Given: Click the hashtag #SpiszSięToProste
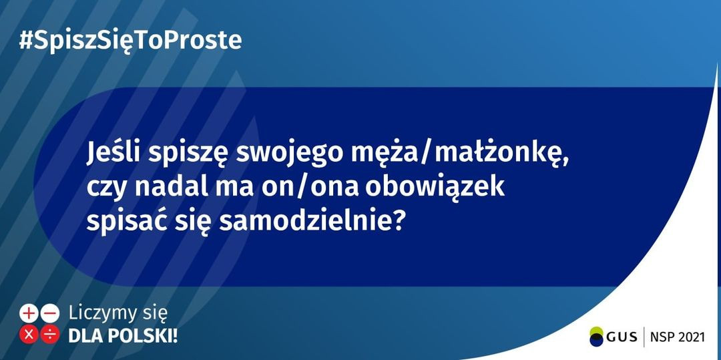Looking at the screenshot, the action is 130,41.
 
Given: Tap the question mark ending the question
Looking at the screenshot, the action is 399,222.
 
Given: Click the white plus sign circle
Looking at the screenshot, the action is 29,313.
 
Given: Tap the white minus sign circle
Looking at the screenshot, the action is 49,313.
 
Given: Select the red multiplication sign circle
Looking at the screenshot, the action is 29,334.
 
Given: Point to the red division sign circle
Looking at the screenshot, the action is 49,334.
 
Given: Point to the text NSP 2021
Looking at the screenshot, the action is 678,337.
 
